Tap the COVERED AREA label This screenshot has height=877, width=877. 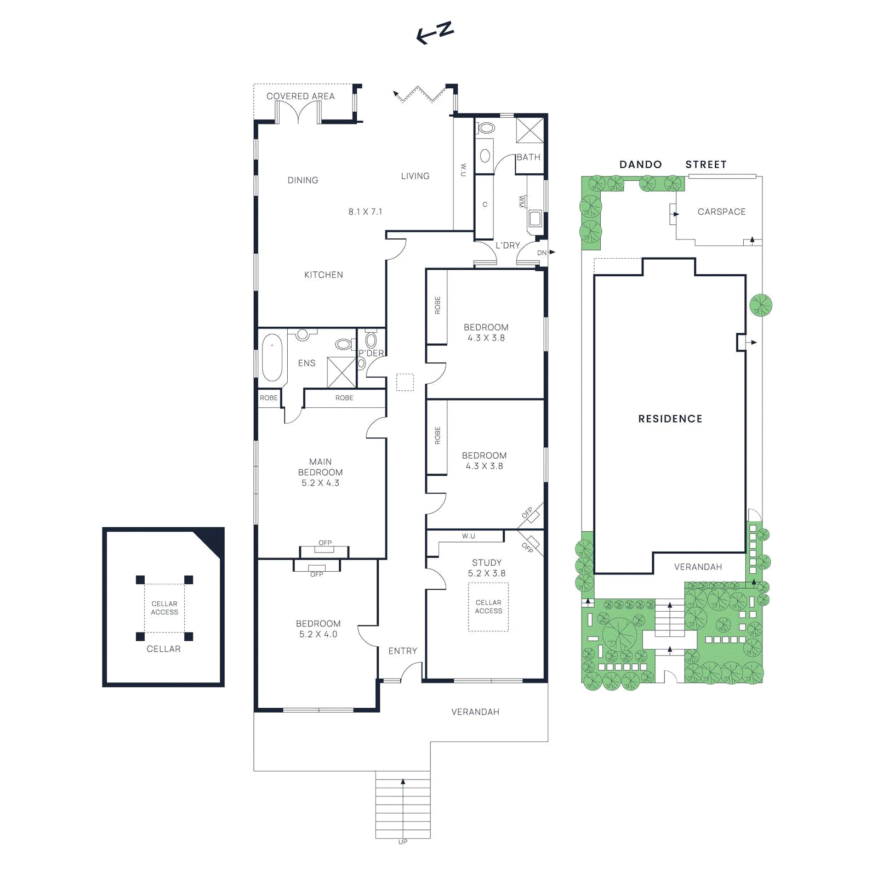point(300,96)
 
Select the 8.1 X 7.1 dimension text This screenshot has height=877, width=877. point(365,212)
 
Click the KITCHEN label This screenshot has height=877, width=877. point(323,275)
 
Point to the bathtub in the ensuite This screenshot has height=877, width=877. point(272,358)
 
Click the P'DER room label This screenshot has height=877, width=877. point(371,353)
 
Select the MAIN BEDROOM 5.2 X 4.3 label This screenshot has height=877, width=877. point(320,472)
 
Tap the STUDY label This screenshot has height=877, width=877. point(487,562)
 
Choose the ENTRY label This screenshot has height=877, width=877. point(402,651)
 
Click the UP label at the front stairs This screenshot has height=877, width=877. point(402,841)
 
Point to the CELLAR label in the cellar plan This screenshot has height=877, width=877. point(163,648)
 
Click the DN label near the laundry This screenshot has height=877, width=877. point(542,253)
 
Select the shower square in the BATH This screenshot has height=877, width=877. point(529,130)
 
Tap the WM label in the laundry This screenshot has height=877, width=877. point(521,202)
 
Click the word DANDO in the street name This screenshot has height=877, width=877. point(640,164)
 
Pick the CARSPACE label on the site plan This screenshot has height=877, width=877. point(721,212)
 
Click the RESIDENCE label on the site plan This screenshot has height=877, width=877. point(670,419)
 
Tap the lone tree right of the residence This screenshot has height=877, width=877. point(760,305)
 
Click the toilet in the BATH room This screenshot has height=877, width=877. point(486,128)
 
